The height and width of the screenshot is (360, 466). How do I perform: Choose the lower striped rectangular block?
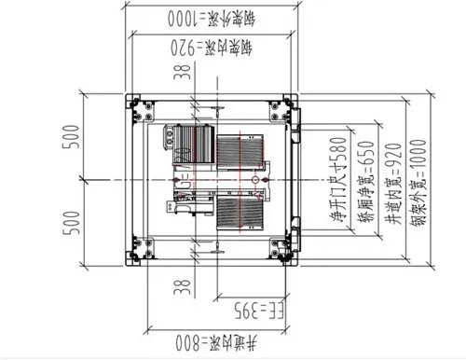(x=241, y=212)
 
